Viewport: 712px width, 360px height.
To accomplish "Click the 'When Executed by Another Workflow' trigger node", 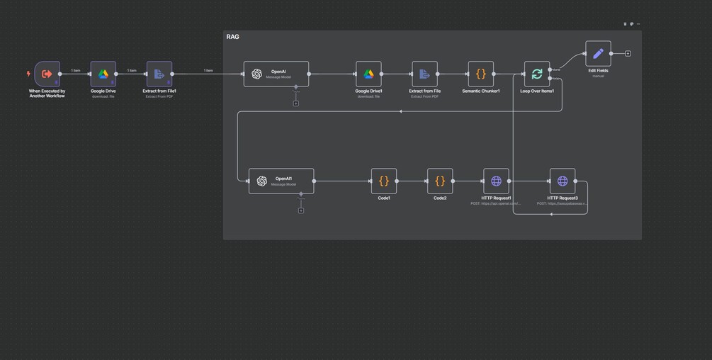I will click(x=47, y=74).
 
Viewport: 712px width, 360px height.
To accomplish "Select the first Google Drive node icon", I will click(x=103, y=74).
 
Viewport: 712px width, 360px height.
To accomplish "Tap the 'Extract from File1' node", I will click(x=159, y=74).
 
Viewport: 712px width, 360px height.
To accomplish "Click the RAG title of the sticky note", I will click(x=232, y=37).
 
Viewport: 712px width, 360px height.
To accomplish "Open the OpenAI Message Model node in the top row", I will click(x=276, y=74).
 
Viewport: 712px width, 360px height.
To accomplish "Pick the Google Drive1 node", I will click(x=368, y=74).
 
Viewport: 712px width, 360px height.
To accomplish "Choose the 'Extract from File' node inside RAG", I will click(x=424, y=74).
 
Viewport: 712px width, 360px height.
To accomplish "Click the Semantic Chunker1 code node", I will click(x=481, y=74).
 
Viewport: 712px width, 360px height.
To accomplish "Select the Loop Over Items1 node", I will click(x=537, y=74).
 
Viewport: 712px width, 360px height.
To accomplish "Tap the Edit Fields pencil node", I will click(x=598, y=53).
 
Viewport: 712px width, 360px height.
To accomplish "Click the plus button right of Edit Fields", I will click(x=628, y=54).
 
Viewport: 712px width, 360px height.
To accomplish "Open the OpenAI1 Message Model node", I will click(x=281, y=181).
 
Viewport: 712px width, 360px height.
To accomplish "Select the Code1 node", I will click(x=384, y=181).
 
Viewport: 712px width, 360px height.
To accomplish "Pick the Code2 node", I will click(x=440, y=181).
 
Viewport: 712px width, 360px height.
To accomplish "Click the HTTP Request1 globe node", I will click(x=496, y=181).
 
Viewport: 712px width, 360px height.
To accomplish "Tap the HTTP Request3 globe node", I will click(x=563, y=181).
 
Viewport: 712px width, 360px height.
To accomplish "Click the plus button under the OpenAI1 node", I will click(x=301, y=210).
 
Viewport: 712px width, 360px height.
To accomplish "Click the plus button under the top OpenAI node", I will click(x=296, y=103).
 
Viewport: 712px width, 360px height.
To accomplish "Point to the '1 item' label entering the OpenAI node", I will click(x=208, y=70).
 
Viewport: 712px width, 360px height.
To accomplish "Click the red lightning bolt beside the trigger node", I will click(x=28, y=74).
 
